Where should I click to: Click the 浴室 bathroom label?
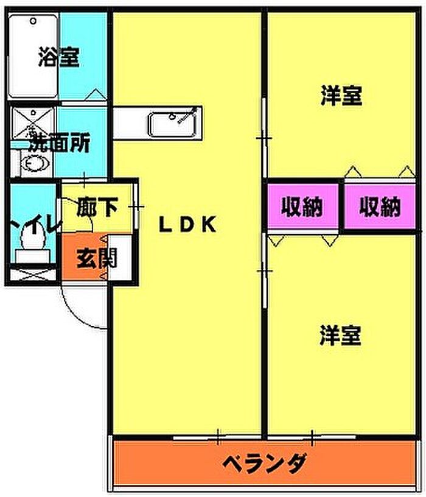click(x=58, y=57)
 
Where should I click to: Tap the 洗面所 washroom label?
click(x=60, y=143)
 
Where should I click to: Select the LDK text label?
click(x=187, y=224)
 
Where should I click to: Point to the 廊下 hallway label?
click(x=97, y=207)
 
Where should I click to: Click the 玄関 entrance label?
click(x=97, y=258)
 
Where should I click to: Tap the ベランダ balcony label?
click(x=265, y=464)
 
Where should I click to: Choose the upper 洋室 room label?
click(x=341, y=95)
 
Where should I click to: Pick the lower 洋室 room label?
click(x=340, y=336)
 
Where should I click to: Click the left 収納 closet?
click(x=303, y=206)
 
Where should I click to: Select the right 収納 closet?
click(x=379, y=206)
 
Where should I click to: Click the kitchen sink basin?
click(x=173, y=124)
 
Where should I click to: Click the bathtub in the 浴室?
click(x=33, y=57)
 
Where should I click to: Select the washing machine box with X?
click(x=33, y=123)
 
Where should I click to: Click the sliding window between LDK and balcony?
click(x=218, y=437)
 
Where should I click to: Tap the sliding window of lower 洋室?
click(x=312, y=437)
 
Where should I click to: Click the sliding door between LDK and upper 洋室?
click(x=265, y=138)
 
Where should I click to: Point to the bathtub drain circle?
click(x=33, y=21)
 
